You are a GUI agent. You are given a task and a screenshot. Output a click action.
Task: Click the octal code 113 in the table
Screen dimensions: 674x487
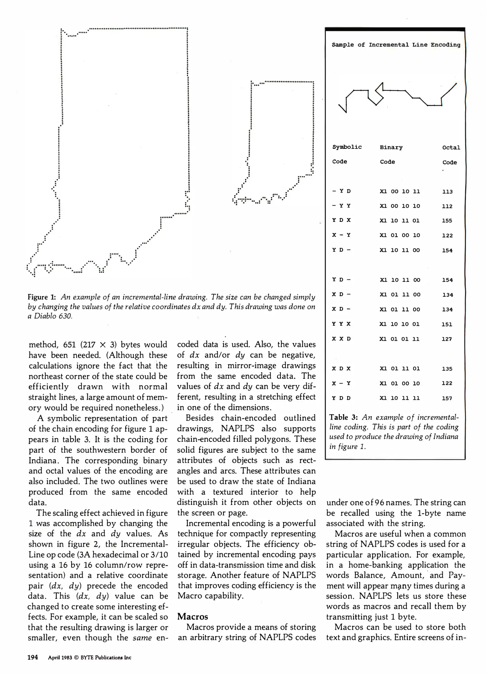447,192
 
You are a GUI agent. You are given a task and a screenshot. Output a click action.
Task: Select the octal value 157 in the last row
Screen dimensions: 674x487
447,398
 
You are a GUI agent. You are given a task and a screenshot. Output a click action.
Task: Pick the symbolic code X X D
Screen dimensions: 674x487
341,339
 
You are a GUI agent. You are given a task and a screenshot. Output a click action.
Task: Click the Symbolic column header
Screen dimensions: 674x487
347,147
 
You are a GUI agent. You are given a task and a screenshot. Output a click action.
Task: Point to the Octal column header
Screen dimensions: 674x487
451,148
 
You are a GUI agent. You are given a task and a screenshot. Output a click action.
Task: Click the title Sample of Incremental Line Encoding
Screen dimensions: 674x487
396,45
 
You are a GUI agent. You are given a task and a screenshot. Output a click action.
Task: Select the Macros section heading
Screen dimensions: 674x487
192,617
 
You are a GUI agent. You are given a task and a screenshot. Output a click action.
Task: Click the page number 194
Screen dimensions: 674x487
33,657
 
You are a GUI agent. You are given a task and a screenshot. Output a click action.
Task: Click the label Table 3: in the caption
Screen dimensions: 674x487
343,417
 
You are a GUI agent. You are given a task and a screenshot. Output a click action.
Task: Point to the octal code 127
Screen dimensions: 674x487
446,339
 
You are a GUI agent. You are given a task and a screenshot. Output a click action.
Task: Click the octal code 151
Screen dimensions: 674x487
446,324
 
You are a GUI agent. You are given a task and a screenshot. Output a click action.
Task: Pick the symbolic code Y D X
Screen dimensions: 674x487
341,220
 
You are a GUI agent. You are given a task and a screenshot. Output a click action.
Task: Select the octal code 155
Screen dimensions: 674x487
447,221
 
